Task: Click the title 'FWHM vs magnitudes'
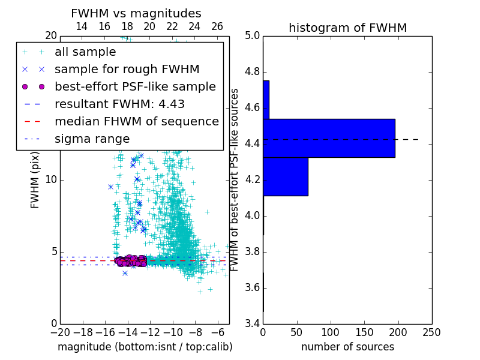[136, 13]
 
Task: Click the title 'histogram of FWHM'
[347, 28]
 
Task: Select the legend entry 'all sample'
[85, 52]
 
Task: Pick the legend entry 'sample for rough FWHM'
[127, 69]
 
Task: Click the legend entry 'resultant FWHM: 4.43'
[119, 104]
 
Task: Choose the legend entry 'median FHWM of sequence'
[136, 121]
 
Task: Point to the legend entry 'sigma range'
[92, 139]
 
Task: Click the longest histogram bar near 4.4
[329, 138]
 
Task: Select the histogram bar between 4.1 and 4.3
[286, 176]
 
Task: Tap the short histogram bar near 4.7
[266, 100]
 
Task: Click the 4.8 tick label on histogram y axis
[252, 72]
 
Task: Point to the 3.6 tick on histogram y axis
[252, 288]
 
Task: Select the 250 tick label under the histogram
[431, 332]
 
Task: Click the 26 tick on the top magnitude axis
[217, 26]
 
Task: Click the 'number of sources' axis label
[347, 347]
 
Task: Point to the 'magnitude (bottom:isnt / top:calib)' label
[145, 347]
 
